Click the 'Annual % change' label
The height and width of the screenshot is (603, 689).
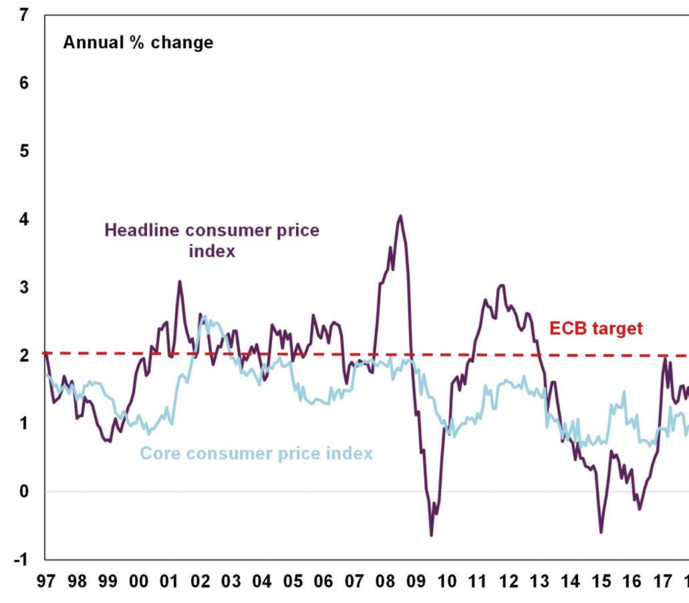coord(138,43)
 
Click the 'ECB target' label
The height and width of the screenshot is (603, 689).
coord(595,329)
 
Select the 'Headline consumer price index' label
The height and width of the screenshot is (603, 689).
coord(212,241)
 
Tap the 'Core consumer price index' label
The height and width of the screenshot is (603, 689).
coord(256,454)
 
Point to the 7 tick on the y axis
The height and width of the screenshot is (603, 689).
coord(24,15)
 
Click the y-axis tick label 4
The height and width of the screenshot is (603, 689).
coord(24,219)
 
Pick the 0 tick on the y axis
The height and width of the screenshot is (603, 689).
coord(24,492)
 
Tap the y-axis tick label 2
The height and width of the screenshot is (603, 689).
coord(24,356)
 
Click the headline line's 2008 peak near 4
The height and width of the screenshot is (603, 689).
coord(400,216)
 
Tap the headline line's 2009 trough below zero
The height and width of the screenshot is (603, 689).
coord(431,535)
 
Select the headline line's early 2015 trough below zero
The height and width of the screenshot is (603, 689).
coord(601,532)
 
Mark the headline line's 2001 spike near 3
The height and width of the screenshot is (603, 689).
coord(179,281)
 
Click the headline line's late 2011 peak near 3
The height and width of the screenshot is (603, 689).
coord(502,285)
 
